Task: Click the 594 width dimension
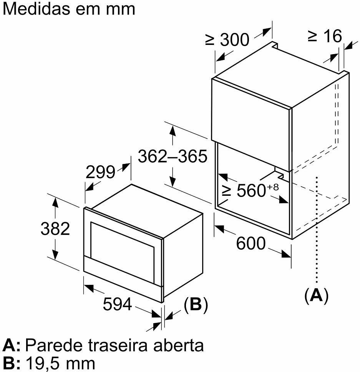point(117,304)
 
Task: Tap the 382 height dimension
point(55,229)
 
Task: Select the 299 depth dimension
point(100,172)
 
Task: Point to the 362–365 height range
point(173,156)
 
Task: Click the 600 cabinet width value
point(251,243)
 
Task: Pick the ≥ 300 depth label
point(227,40)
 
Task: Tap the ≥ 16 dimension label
point(325,36)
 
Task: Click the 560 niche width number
point(251,190)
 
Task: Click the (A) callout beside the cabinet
point(316,295)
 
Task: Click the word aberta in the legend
point(179,346)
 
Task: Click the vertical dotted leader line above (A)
point(317,230)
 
